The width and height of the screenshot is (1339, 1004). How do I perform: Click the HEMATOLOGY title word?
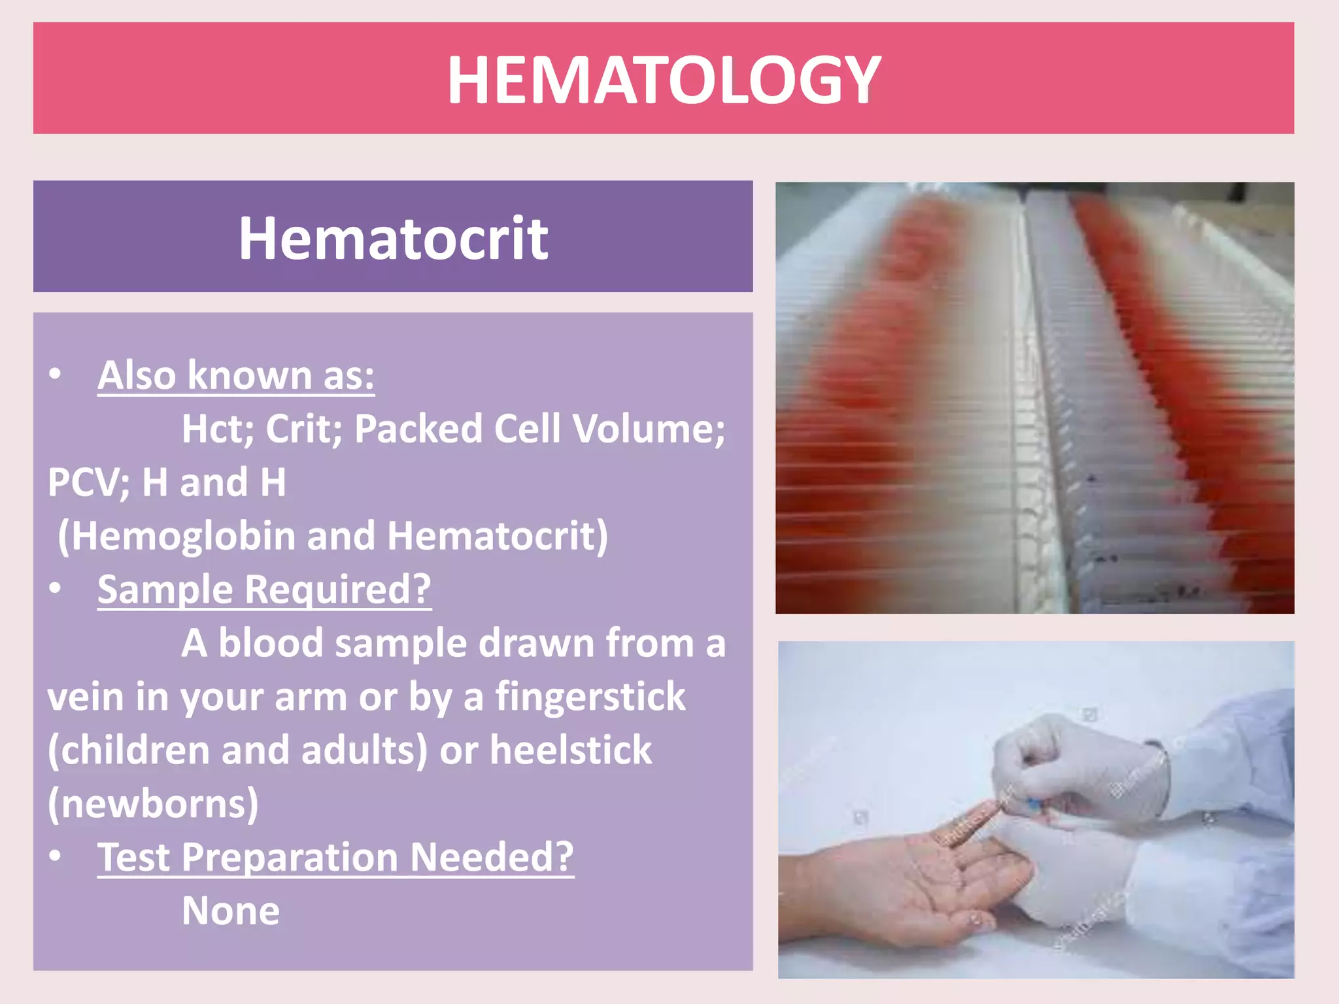click(x=664, y=80)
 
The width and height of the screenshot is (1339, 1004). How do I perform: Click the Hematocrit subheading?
click(x=393, y=238)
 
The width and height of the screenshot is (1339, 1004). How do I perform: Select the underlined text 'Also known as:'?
click(x=235, y=375)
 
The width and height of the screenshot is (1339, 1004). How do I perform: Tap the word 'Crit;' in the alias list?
click(x=303, y=429)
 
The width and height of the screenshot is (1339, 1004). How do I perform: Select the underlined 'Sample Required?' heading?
click(x=264, y=590)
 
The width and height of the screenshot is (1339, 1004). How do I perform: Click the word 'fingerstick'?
click(x=590, y=696)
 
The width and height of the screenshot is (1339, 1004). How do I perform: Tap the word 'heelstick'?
click(x=571, y=750)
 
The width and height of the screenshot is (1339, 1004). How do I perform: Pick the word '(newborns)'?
click(x=153, y=803)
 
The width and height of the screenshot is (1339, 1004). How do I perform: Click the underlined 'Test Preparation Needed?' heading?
click(x=335, y=857)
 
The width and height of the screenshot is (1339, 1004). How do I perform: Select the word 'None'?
click(x=231, y=911)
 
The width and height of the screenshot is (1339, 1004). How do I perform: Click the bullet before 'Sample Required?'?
click(x=56, y=588)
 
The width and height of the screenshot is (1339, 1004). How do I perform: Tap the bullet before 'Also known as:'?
click(x=56, y=374)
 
